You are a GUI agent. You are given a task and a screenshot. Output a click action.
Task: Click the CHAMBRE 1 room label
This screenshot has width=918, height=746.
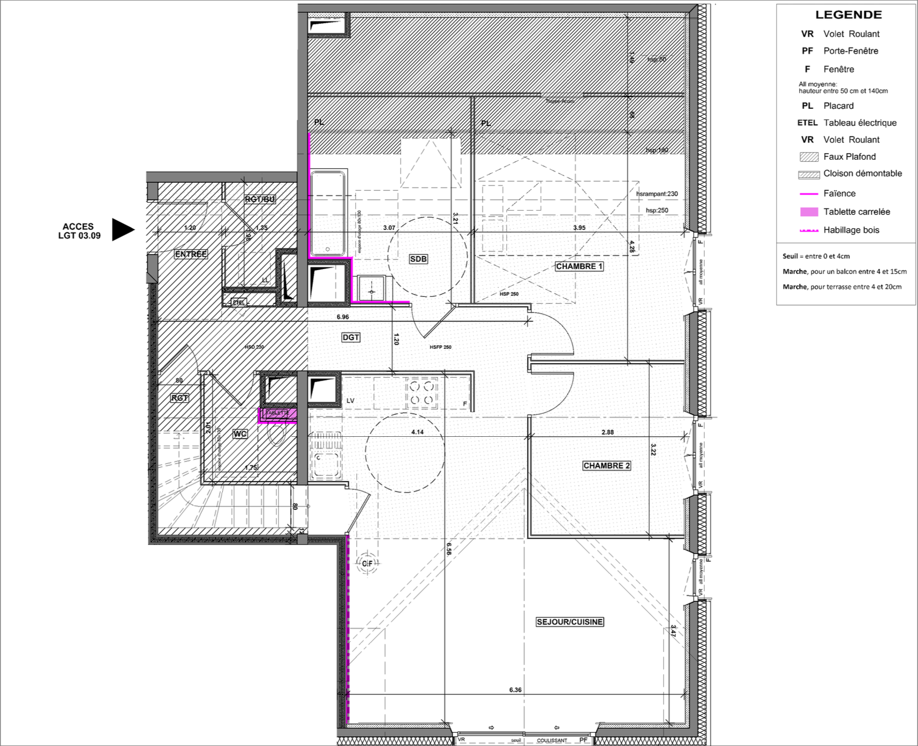[579, 266]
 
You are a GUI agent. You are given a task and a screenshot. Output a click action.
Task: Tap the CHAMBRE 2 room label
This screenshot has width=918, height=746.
[606, 466]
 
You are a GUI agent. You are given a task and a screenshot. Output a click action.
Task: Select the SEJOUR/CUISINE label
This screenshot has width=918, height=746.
[569, 622]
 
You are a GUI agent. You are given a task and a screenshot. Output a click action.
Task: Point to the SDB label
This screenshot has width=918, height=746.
[418, 259]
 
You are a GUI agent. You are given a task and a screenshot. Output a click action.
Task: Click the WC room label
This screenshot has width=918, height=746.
[240, 434]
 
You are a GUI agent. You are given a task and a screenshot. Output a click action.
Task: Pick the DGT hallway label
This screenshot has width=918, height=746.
[351, 337]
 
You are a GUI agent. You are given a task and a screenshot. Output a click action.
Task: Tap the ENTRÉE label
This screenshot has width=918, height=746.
[191, 254]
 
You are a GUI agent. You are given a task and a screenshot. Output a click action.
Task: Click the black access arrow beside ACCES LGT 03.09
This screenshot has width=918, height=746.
[122, 229]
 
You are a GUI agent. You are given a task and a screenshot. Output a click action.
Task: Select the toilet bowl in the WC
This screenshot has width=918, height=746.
[277, 436]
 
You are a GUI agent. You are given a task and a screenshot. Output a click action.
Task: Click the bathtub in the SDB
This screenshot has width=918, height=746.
[328, 213]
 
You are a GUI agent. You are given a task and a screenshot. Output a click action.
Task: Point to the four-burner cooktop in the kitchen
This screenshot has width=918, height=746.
[422, 393]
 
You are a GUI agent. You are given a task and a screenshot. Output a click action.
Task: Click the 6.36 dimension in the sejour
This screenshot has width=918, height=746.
[515, 690]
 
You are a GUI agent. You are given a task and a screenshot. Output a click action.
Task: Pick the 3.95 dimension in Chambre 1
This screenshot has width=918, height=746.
[579, 228]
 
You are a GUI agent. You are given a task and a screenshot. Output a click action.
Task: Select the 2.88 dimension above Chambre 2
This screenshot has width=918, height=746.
[607, 432]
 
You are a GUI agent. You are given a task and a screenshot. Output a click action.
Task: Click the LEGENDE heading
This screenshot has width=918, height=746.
[848, 15]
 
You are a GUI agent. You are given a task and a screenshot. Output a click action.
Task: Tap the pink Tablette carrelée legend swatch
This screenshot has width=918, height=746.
[809, 212]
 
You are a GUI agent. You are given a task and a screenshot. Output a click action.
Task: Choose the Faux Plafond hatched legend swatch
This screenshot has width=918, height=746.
[809, 157]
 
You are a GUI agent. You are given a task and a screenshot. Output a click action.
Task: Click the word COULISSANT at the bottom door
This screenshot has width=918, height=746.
[552, 741]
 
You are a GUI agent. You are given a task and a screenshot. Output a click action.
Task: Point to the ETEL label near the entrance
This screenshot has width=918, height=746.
[238, 302]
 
